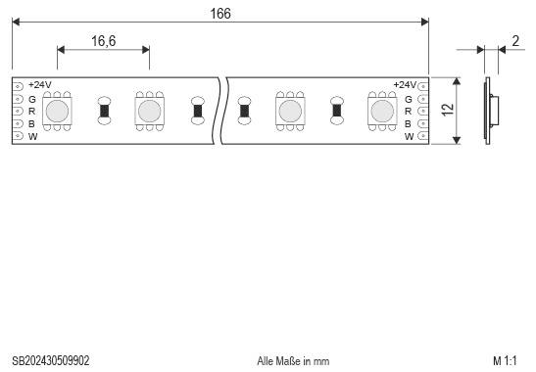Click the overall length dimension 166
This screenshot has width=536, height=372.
(220, 12)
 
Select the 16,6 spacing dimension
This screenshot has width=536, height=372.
(104, 41)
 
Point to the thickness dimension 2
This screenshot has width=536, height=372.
(515, 41)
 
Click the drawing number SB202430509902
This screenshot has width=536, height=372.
(50, 360)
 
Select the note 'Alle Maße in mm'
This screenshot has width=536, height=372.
(293, 360)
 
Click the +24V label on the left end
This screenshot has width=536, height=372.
(40, 86)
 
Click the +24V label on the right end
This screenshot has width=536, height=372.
(404, 86)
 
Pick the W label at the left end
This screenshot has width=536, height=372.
(32, 136)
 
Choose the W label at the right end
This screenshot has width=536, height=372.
(410, 136)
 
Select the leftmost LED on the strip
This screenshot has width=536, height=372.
(58, 111)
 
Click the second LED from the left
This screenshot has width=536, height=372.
(149, 111)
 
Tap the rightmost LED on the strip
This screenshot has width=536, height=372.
(381, 111)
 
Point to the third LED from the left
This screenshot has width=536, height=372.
(290, 111)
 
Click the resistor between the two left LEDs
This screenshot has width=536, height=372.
(104, 111)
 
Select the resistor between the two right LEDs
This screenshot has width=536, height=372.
(336, 111)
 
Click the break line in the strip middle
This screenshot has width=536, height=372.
(223, 111)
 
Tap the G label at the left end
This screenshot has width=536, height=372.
(32, 99)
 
